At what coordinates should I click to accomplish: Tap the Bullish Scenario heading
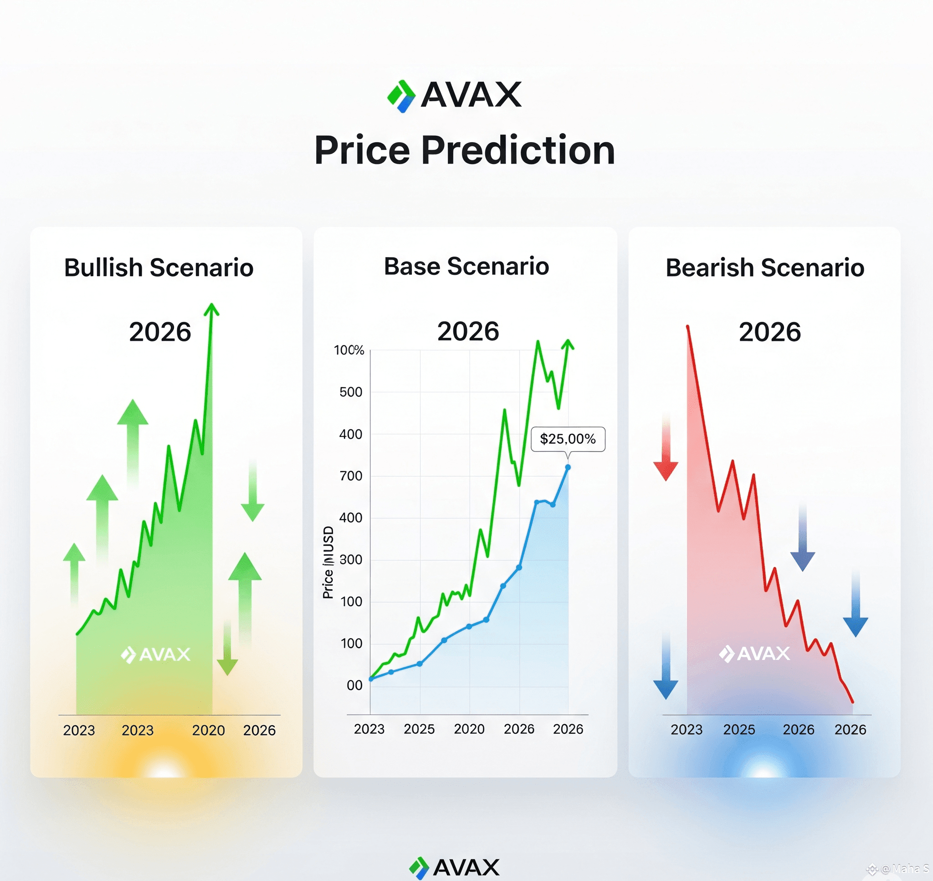159,268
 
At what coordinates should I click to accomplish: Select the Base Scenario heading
466,266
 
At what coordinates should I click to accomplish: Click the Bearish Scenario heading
764,268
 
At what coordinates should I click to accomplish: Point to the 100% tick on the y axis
349,350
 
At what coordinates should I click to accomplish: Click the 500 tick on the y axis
351,392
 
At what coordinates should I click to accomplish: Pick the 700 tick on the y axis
351,476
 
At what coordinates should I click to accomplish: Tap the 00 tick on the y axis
354,685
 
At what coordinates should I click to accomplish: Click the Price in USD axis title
328,562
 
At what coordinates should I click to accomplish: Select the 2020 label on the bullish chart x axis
208,730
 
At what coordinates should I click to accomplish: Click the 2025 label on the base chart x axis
419,729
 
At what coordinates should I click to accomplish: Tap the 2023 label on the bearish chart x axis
686,729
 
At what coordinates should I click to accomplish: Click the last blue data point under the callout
567,467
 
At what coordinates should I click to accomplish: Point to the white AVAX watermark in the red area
754,653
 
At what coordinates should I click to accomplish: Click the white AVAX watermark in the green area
155,654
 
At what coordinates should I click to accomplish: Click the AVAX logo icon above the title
401,96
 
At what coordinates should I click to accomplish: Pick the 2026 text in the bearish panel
769,331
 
